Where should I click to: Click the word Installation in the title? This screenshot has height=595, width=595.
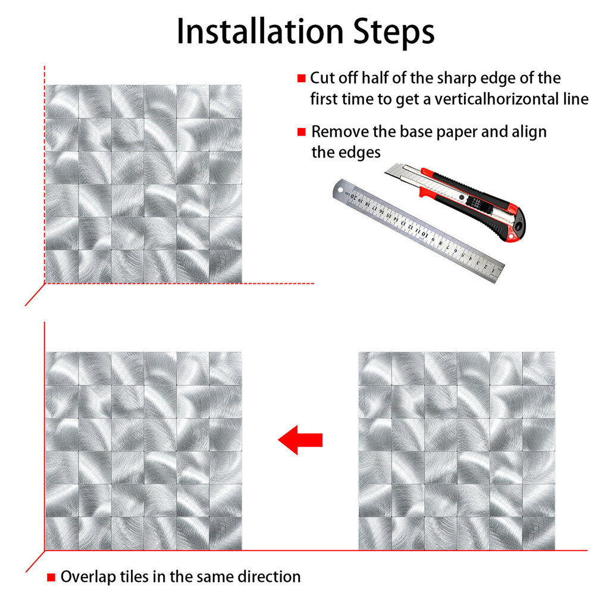pos(261,32)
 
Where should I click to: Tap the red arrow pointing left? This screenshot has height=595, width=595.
pos(300,440)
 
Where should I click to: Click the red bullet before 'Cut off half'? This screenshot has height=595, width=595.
pos(301,78)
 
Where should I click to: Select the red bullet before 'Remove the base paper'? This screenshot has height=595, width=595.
pos(301,132)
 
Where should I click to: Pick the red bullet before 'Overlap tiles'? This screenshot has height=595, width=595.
pos(51,577)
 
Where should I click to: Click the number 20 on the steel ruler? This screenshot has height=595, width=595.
pos(353,196)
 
